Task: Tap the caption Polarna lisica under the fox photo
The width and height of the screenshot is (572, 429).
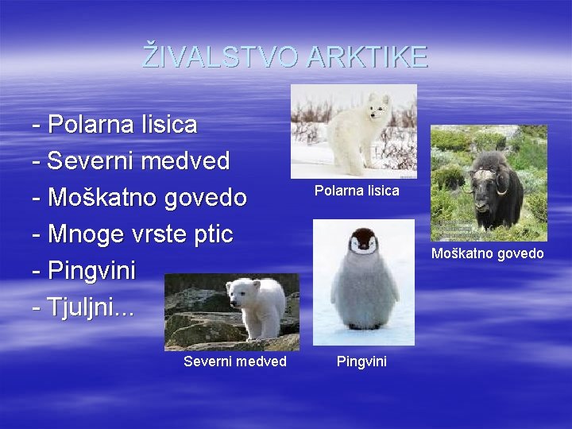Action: [357, 191]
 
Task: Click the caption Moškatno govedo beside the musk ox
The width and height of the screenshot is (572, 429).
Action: [487, 253]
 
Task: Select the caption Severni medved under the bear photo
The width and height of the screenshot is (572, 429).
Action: [234, 362]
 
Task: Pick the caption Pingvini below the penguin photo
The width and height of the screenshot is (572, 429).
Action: [361, 362]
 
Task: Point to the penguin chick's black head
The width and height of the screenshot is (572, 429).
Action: [363, 239]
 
